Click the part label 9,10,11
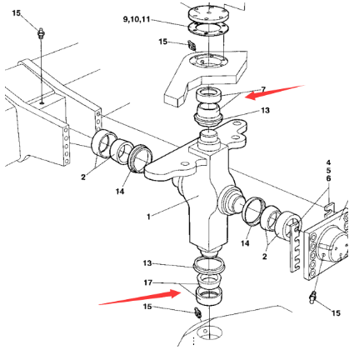click(137, 20)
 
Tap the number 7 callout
click(263, 90)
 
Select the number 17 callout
click(148, 282)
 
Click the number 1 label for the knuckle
click(148, 217)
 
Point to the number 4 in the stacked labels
click(328, 162)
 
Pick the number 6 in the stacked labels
click(328, 178)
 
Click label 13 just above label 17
click(147, 262)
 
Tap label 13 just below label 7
click(265, 111)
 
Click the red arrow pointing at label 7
click(275, 92)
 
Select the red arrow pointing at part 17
click(140, 297)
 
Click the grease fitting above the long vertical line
click(41, 33)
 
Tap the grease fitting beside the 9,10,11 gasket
click(192, 45)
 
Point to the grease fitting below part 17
click(198, 312)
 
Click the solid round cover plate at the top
click(208, 13)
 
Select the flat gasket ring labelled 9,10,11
click(208, 29)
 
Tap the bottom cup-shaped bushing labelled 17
click(209, 296)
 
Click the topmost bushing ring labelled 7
click(210, 95)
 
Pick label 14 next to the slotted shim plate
click(245, 243)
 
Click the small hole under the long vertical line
click(42, 103)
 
